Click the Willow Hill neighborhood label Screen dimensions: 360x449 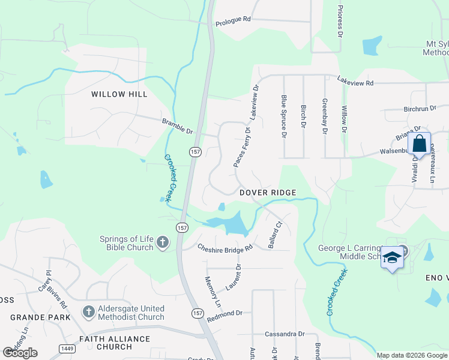[119, 94]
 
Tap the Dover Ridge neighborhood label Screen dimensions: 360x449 [268, 193]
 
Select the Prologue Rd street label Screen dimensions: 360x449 [233, 20]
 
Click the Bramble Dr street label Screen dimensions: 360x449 [177, 126]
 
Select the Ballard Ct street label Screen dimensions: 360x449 [275, 236]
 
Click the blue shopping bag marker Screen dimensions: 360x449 [420, 144]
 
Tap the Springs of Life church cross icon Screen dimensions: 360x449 [161, 242]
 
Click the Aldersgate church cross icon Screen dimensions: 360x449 [88, 312]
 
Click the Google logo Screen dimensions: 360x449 [20, 352]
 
